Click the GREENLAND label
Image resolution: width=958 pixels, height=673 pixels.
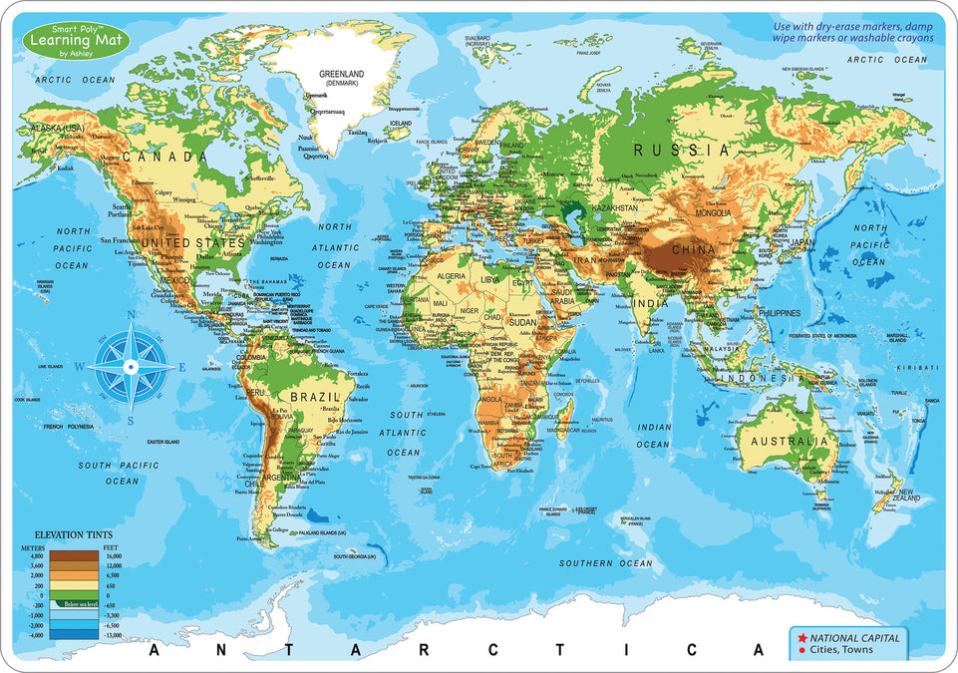point(340,75)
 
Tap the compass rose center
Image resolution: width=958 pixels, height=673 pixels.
point(130,366)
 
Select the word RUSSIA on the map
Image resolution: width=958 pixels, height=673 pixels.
point(683,151)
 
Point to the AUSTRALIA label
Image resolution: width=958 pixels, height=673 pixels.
point(790,441)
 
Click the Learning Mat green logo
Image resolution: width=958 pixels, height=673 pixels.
point(66,42)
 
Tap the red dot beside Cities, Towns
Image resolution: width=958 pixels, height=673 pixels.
point(801,652)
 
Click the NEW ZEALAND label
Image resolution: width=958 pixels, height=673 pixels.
point(917,494)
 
